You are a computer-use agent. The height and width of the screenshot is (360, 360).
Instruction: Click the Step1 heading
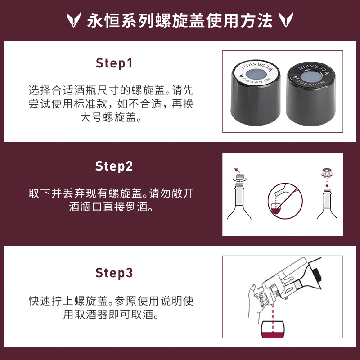[x=114, y=63]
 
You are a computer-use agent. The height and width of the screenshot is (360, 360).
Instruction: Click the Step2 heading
[x=114, y=166]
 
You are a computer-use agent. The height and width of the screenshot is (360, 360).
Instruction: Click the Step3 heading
[x=114, y=273]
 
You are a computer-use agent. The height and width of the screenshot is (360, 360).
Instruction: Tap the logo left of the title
[x=74, y=20]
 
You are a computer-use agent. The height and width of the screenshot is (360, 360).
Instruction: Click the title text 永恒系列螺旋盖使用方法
[x=180, y=20]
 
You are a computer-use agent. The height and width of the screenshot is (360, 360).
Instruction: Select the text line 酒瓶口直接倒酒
[x=110, y=207]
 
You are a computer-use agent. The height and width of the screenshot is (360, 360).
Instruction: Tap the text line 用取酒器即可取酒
[x=110, y=313]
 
